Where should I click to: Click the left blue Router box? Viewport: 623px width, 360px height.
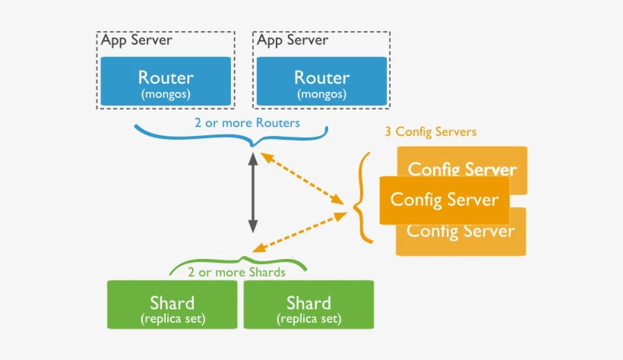tap(166, 83)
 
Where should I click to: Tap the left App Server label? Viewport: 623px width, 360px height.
tap(137, 40)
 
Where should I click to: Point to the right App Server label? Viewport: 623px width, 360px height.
tap(293, 40)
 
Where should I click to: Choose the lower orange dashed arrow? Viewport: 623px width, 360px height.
tap(296, 232)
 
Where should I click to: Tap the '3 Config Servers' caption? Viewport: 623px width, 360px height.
tap(430, 132)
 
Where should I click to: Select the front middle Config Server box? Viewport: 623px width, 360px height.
tap(444, 200)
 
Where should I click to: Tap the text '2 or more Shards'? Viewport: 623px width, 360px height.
tap(236, 272)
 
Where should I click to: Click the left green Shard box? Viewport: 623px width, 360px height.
tap(172, 305)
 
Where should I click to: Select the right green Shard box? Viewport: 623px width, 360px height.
tap(308, 305)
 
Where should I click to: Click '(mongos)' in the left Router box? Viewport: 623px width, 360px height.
tap(166, 94)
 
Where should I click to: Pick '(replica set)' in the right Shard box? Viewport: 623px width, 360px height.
tap(308, 318)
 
